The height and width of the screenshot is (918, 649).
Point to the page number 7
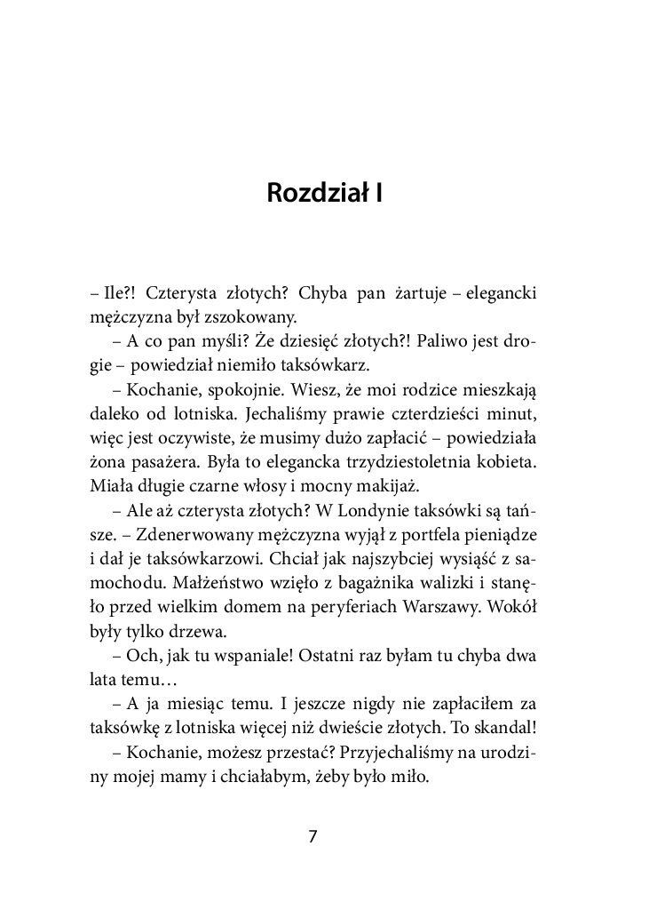click(312, 837)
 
